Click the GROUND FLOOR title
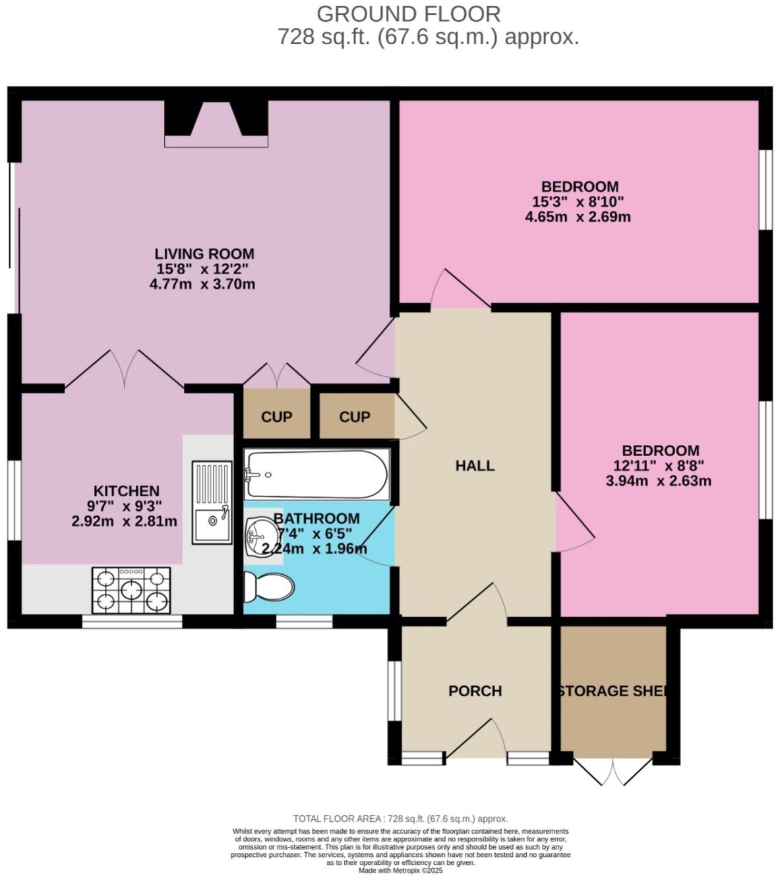[408, 14]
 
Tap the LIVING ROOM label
[204, 254]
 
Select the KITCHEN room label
[126, 491]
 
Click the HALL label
[475, 466]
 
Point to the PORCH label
[475, 691]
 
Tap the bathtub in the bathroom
[316, 474]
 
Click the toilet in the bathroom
[267, 586]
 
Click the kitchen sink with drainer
[212, 502]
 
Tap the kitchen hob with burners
[131, 590]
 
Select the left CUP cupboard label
[276, 417]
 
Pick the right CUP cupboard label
[355, 417]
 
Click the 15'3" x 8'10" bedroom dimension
[578, 202]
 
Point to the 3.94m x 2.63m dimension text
[658, 481]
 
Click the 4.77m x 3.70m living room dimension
[202, 284]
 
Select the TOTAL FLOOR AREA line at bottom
[400, 819]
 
